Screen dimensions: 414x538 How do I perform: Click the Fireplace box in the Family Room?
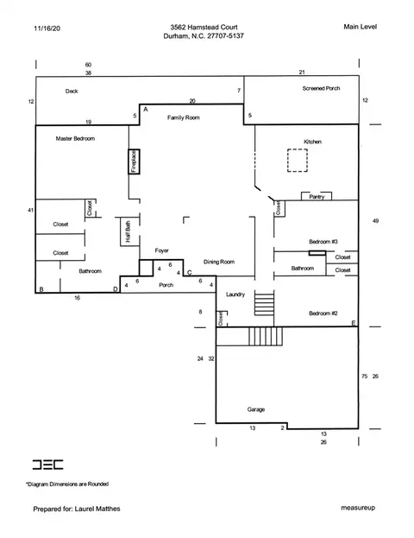(134, 161)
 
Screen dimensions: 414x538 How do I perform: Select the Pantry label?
(317, 197)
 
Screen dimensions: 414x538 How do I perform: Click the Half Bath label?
(128, 231)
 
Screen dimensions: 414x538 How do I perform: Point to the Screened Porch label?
(321, 88)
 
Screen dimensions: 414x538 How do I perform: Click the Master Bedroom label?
(75, 139)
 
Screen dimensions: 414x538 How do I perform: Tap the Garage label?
(256, 409)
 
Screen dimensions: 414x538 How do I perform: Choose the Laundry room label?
(235, 294)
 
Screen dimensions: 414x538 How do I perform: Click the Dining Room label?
(219, 262)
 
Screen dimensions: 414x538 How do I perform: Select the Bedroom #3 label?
(323, 242)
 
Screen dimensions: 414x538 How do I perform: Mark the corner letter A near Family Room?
(146, 110)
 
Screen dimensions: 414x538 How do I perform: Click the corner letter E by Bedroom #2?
(354, 323)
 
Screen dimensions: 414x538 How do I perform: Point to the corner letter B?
(41, 289)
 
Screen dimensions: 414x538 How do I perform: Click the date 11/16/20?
(47, 28)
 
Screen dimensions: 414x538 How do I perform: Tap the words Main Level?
(361, 27)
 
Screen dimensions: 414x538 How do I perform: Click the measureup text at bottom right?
(358, 508)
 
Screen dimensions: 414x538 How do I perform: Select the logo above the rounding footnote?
(48, 465)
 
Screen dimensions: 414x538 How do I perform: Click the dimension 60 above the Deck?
(89, 65)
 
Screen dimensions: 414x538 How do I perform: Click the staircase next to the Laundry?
(264, 302)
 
